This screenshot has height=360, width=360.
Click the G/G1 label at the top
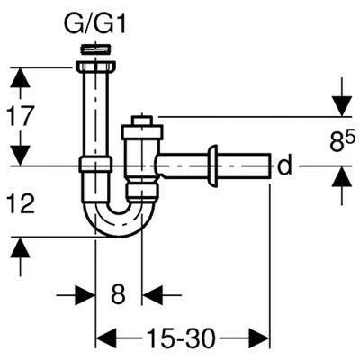pyautogui.click(x=94, y=25)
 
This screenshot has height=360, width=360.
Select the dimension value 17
pyautogui.click(x=20, y=116)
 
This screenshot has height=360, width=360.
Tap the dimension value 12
pyautogui.click(x=21, y=202)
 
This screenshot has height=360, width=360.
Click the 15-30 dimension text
pyautogui.click(x=181, y=338)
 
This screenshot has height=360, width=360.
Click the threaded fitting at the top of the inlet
pyautogui.click(x=96, y=49)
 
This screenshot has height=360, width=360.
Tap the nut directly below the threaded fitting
pyautogui.click(x=96, y=67)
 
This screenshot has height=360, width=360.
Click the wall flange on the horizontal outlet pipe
pyautogui.click(x=212, y=166)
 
